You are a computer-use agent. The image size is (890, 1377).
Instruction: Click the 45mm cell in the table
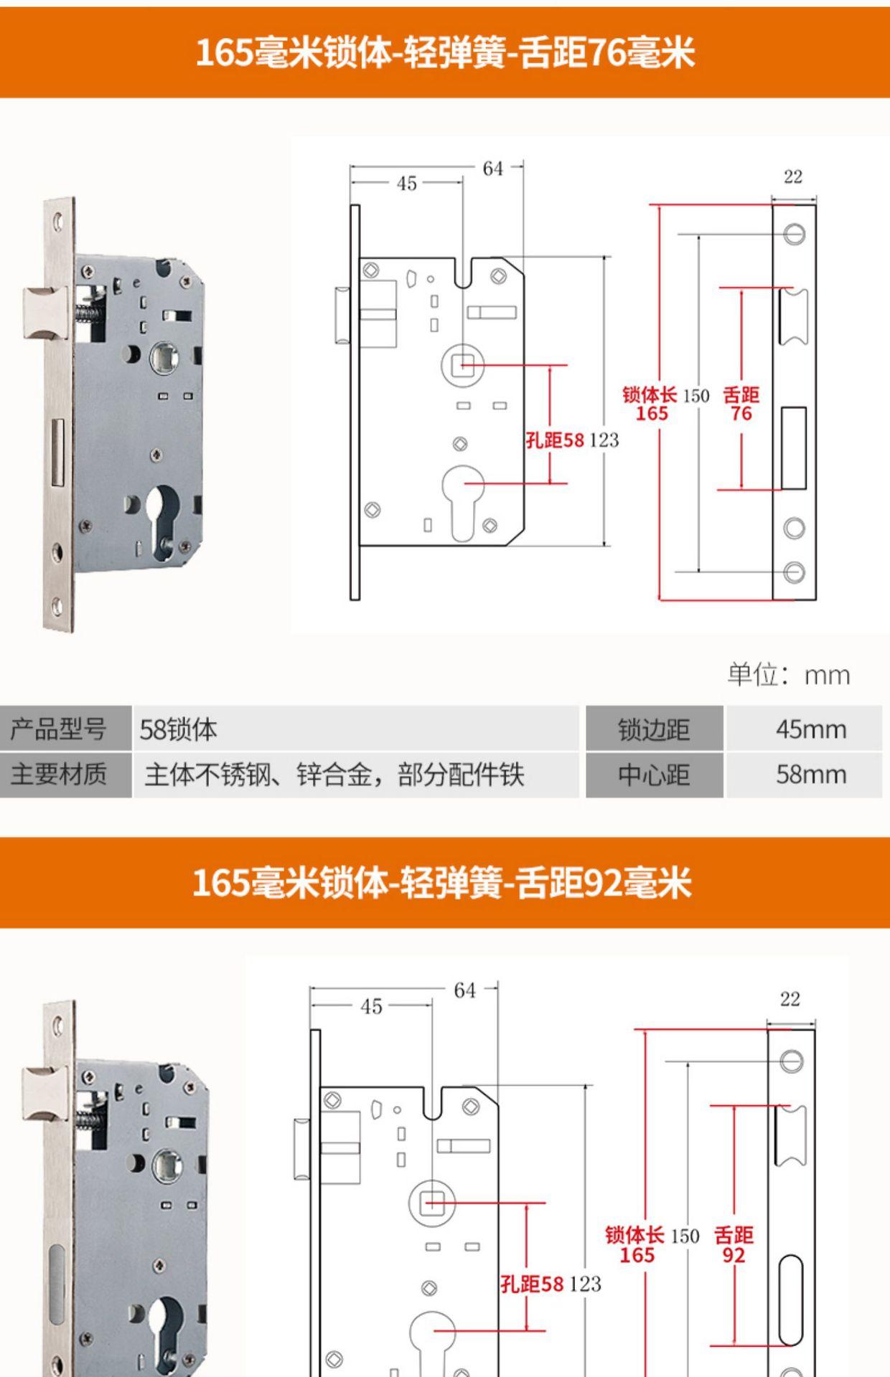click(x=810, y=729)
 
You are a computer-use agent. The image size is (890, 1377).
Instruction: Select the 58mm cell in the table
click(x=810, y=775)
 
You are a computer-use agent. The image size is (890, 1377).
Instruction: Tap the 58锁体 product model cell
click(x=179, y=729)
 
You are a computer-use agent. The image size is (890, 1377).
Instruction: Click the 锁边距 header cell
click(x=654, y=729)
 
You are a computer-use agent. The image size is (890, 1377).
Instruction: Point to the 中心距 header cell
click(x=654, y=775)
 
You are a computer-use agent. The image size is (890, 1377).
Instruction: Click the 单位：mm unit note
click(x=788, y=675)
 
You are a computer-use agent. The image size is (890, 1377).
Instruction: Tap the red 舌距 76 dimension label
click(x=741, y=404)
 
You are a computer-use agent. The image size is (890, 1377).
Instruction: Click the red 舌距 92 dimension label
click(x=734, y=1245)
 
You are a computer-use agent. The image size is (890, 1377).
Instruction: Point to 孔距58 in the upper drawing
click(x=555, y=440)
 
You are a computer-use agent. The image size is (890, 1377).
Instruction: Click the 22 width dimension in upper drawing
click(x=793, y=176)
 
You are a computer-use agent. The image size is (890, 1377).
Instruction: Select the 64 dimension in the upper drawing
click(x=493, y=169)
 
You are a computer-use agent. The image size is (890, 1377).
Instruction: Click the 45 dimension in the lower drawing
click(x=371, y=1006)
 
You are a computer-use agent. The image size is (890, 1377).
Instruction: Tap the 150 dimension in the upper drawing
click(x=695, y=396)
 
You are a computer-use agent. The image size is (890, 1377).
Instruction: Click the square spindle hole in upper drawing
click(x=463, y=365)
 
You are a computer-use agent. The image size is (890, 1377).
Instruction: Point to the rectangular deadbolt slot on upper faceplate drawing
click(x=793, y=448)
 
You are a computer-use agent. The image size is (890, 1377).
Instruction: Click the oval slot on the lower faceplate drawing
click(x=791, y=1300)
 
